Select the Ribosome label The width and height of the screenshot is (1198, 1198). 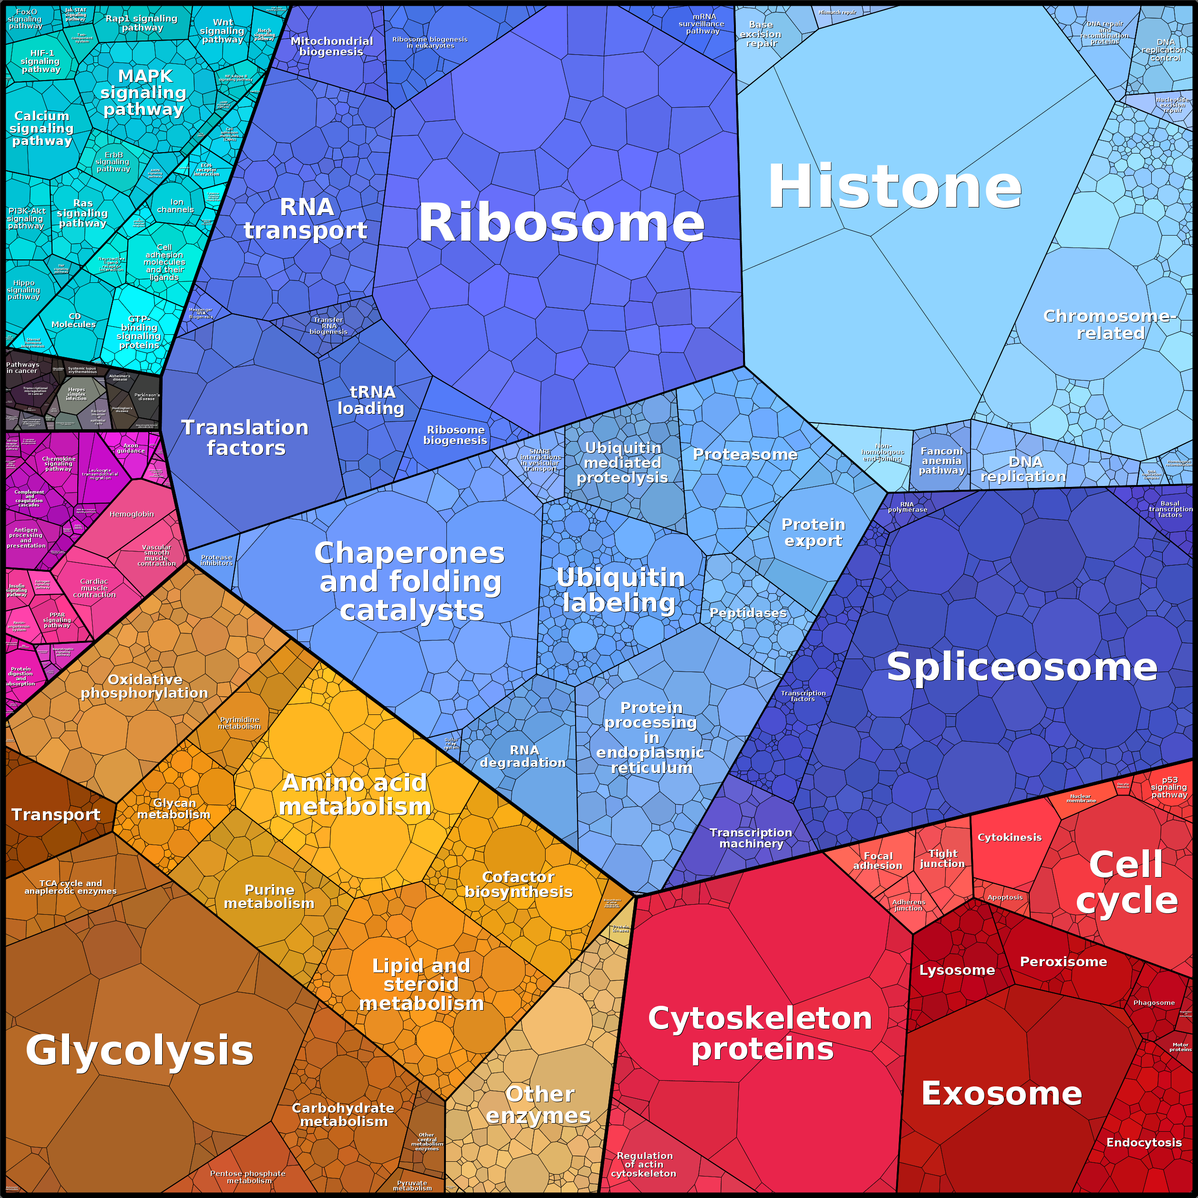(561, 223)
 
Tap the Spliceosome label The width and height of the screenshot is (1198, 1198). (1021, 667)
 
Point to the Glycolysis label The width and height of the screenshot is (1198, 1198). (140, 1051)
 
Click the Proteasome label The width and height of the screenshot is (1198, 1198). (745, 454)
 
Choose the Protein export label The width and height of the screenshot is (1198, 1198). (813, 532)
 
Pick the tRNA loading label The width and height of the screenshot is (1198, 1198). (372, 400)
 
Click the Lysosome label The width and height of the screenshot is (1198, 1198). (957, 970)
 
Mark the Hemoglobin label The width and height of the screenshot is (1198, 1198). (132, 514)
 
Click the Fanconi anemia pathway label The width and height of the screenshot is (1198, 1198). (941, 461)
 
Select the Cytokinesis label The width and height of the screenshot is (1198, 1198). (1010, 837)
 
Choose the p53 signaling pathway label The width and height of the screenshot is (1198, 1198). (1169, 787)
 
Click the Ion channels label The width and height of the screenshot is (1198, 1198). (176, 206)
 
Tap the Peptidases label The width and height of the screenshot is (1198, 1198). (748, 613)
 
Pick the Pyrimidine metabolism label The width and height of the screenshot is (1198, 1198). (239, 723)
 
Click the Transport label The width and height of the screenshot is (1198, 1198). (56, 815)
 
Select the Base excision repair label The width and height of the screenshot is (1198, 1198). (761, 34)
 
